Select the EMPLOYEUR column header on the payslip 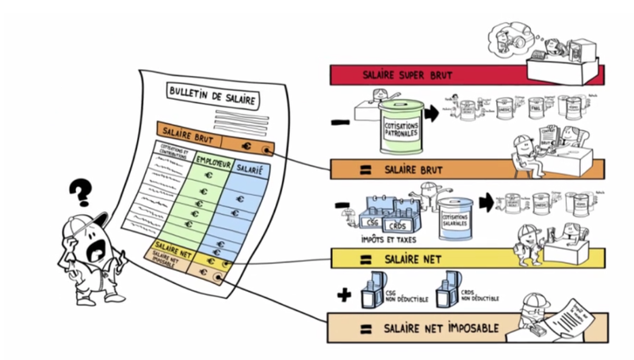[208, 159]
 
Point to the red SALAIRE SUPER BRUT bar [466, 75]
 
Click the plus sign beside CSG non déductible [344, 295]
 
